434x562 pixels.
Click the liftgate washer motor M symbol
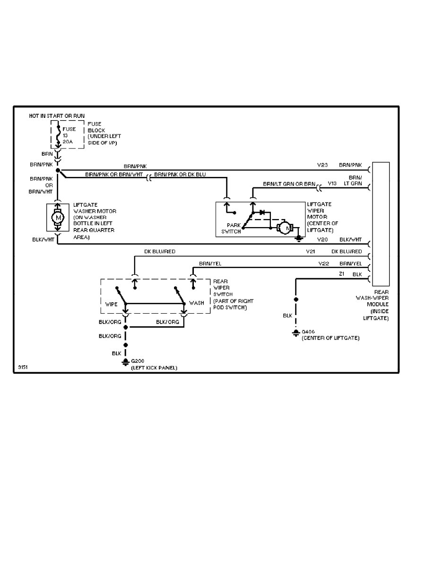tap(58, 217)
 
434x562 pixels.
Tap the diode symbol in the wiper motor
tap(262, 212)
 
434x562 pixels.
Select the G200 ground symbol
tap(125, 362)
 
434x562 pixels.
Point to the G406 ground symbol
tap(296, 333)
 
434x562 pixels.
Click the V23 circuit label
tap(322, 166)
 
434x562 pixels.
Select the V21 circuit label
tap(311, 252)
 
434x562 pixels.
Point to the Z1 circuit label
tap(342, 274)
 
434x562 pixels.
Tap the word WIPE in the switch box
tap(111, 303)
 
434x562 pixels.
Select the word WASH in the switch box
tap(197, 303)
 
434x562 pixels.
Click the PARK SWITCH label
tap(231, 229)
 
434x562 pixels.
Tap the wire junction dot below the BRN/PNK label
tap(58, 170)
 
